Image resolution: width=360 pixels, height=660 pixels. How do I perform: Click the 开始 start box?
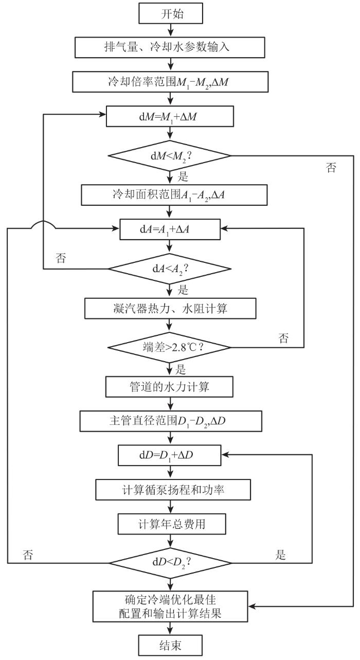[171, 13]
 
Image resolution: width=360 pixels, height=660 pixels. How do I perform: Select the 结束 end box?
[170, 645]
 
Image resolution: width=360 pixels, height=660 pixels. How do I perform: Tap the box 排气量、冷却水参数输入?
[170, 47]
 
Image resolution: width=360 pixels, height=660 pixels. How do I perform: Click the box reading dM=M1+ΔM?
[170, 116]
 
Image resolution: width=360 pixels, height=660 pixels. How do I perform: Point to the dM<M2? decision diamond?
[169, 155]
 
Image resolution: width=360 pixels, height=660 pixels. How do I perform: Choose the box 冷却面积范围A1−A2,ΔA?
[174, 195]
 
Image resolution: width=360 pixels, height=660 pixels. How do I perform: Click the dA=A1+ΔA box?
[170, 229]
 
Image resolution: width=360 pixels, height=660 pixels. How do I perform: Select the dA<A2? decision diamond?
[169, 269]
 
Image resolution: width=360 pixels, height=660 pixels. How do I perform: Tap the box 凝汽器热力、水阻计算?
[170, 309]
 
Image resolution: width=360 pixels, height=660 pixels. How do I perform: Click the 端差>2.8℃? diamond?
[169, 347]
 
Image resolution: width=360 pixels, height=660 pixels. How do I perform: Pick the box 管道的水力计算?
[169, 386]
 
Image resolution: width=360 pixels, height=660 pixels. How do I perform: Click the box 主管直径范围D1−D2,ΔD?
[171, 421]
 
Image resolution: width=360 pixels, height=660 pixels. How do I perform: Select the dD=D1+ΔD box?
[170, 455]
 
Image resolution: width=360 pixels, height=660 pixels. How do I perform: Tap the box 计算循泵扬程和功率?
[173, 490]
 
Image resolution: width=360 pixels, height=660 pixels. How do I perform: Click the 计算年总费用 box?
[172, 524]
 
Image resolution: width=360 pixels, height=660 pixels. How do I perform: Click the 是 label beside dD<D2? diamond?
[280, 555]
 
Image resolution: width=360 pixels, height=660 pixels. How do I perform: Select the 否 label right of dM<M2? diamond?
[331, 167]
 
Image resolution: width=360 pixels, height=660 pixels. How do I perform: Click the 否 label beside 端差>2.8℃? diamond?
[283, 338]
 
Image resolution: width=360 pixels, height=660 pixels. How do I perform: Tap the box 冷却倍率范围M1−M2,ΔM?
[170, 82]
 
